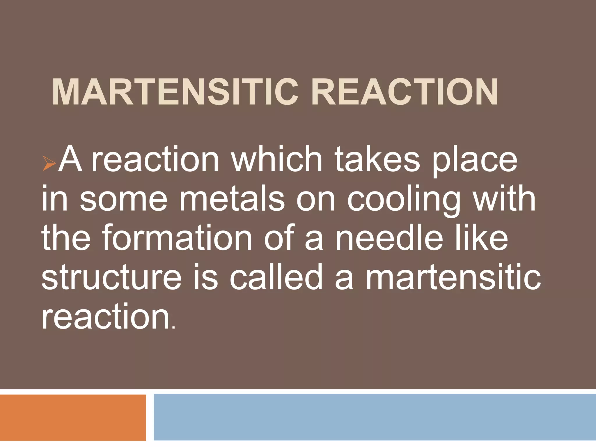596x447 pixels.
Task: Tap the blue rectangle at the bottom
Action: tap(375, 417)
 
